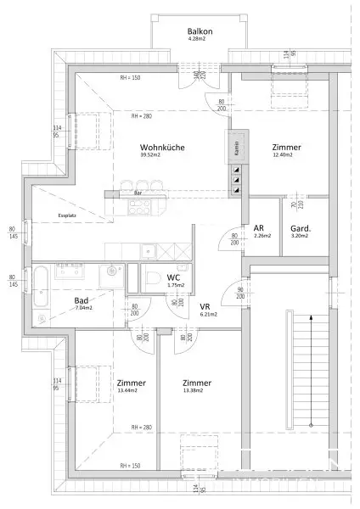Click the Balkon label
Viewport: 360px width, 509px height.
click(177, 31)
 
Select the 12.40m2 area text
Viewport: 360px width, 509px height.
click(282, 155)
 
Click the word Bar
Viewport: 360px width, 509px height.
click(138, 193)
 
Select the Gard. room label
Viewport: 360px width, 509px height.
click(299, 227)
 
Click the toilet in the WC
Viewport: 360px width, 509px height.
click(150, 280)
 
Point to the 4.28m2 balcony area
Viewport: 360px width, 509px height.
click(177, 39)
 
